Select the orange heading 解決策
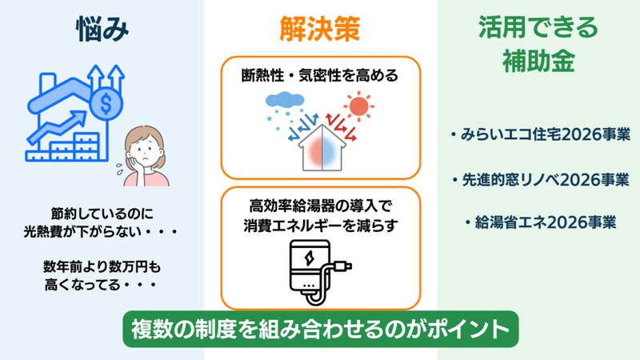point(319,30)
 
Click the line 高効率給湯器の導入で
point(319,204)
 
